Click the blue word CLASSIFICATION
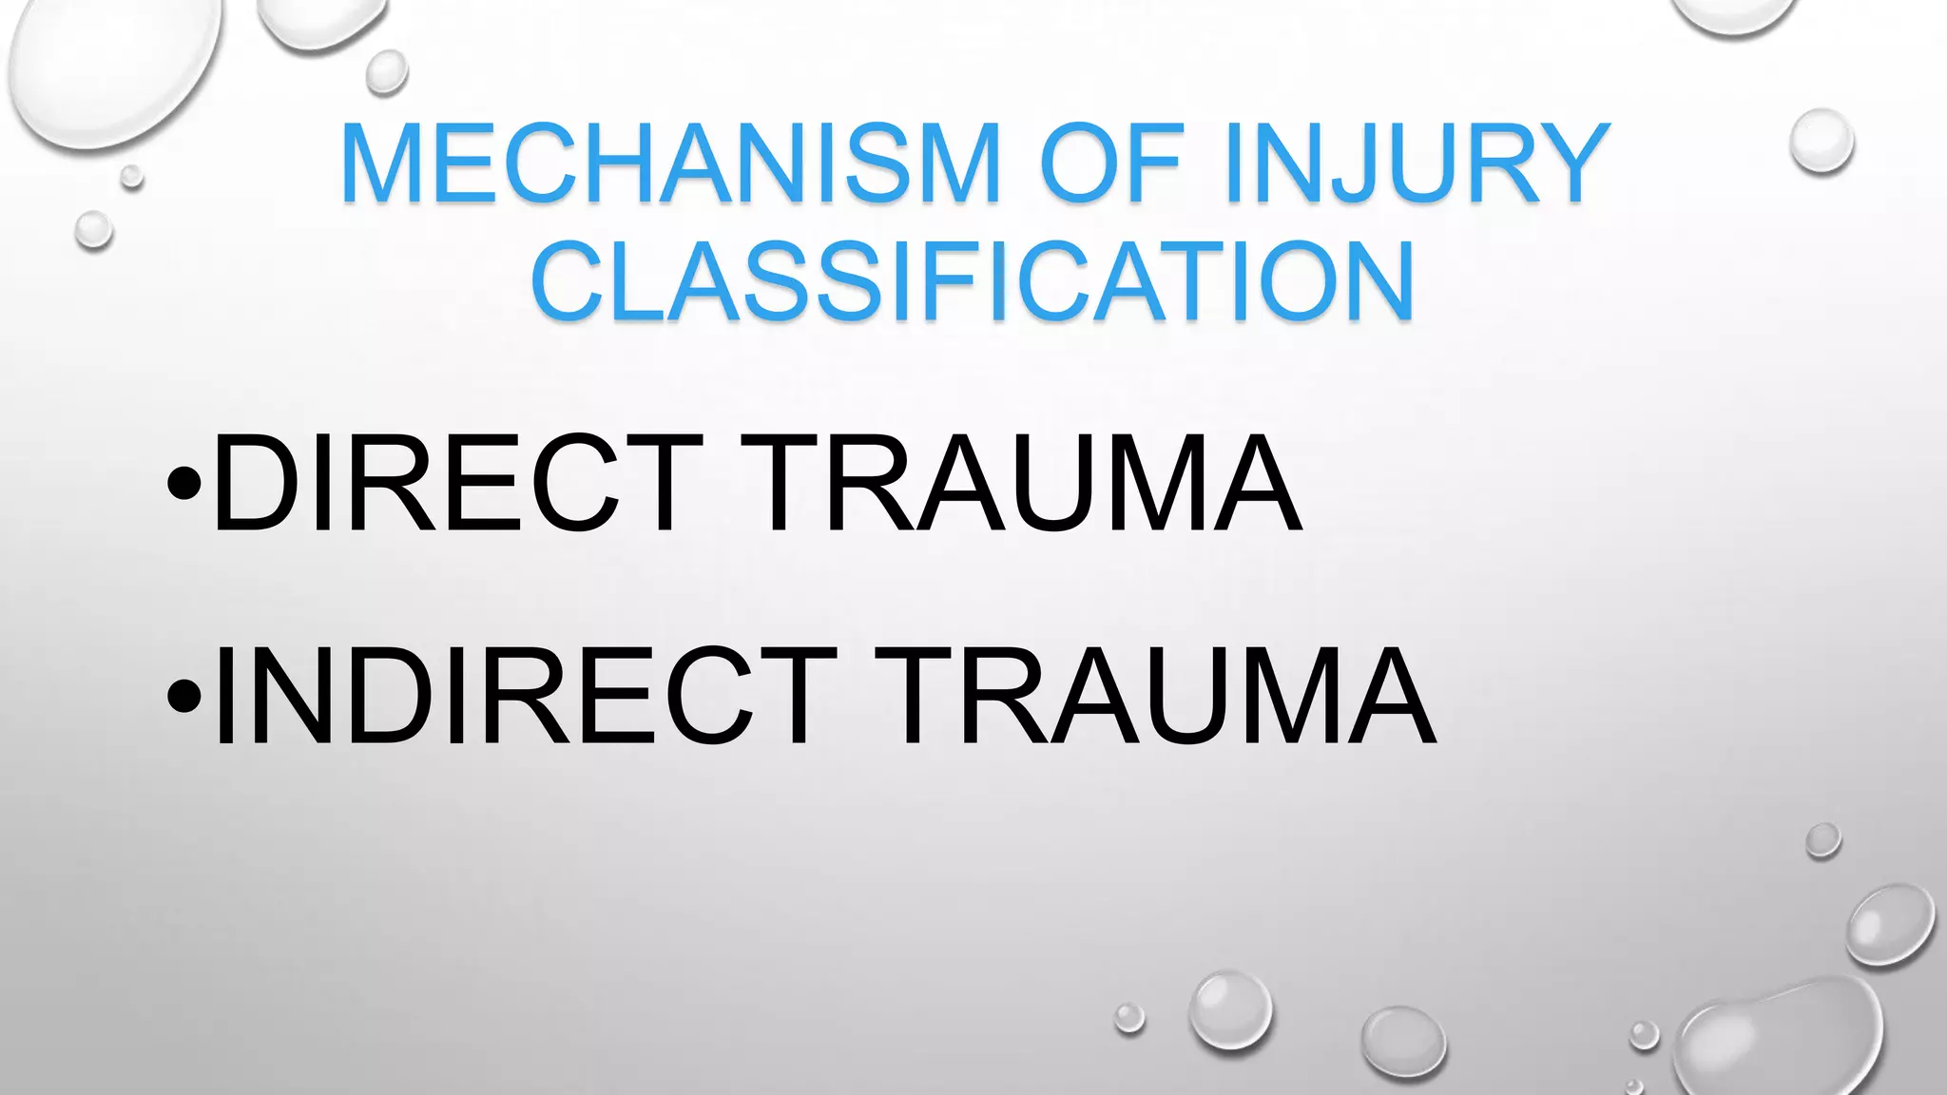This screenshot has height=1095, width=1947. pos(973,281)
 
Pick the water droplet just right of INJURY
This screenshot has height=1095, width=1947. pos(1821,142)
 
